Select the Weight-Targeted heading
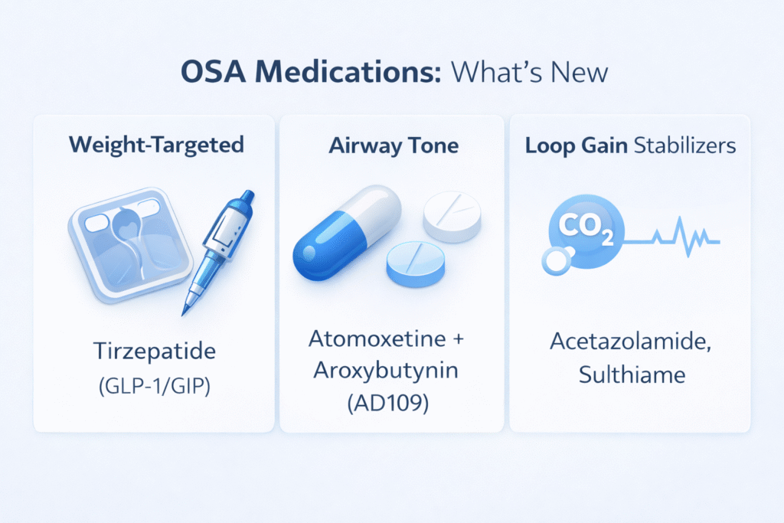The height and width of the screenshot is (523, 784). pos(156,145)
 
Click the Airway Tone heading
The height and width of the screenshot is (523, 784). pos(394,145)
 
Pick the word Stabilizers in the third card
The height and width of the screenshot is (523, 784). pos(685,145)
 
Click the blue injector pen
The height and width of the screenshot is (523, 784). pos(218,252)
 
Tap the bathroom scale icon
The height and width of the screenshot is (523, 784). pos(130,245)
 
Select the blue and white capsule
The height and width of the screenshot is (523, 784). pos(347,232)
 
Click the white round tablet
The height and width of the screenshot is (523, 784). pos(452,216)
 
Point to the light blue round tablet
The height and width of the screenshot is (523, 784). pos(416,264)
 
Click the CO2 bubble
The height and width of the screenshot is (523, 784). pos(586,231)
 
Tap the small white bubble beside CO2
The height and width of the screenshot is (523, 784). pos(556,261)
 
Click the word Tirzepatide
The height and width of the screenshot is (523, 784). pos(155,351)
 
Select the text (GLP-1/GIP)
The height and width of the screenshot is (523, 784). pos(155,386)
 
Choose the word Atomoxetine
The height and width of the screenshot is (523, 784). pos(377,339)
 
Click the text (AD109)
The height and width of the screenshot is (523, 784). pos(388,403)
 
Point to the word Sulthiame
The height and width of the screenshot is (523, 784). pos(632,374)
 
